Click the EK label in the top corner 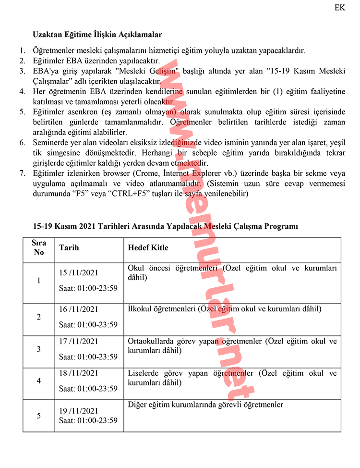tap(339, 8)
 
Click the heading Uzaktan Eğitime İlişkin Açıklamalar tap(97, 35)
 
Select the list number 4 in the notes tap(22, 91)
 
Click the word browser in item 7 tap(109, 173)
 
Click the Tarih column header tap(69, 248)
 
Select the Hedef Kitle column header tap(148, 248)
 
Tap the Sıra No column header tap(39, 247)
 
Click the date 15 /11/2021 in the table tap(79, 273)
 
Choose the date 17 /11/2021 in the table tap(79, 342)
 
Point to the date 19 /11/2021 tap(79, 411)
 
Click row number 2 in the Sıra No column tap(39, 317)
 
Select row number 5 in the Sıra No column tap(39, 416)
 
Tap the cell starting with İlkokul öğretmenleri tap(225, 309)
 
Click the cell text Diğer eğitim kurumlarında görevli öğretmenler tap(205, 405)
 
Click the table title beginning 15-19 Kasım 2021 tap(166, 226)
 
